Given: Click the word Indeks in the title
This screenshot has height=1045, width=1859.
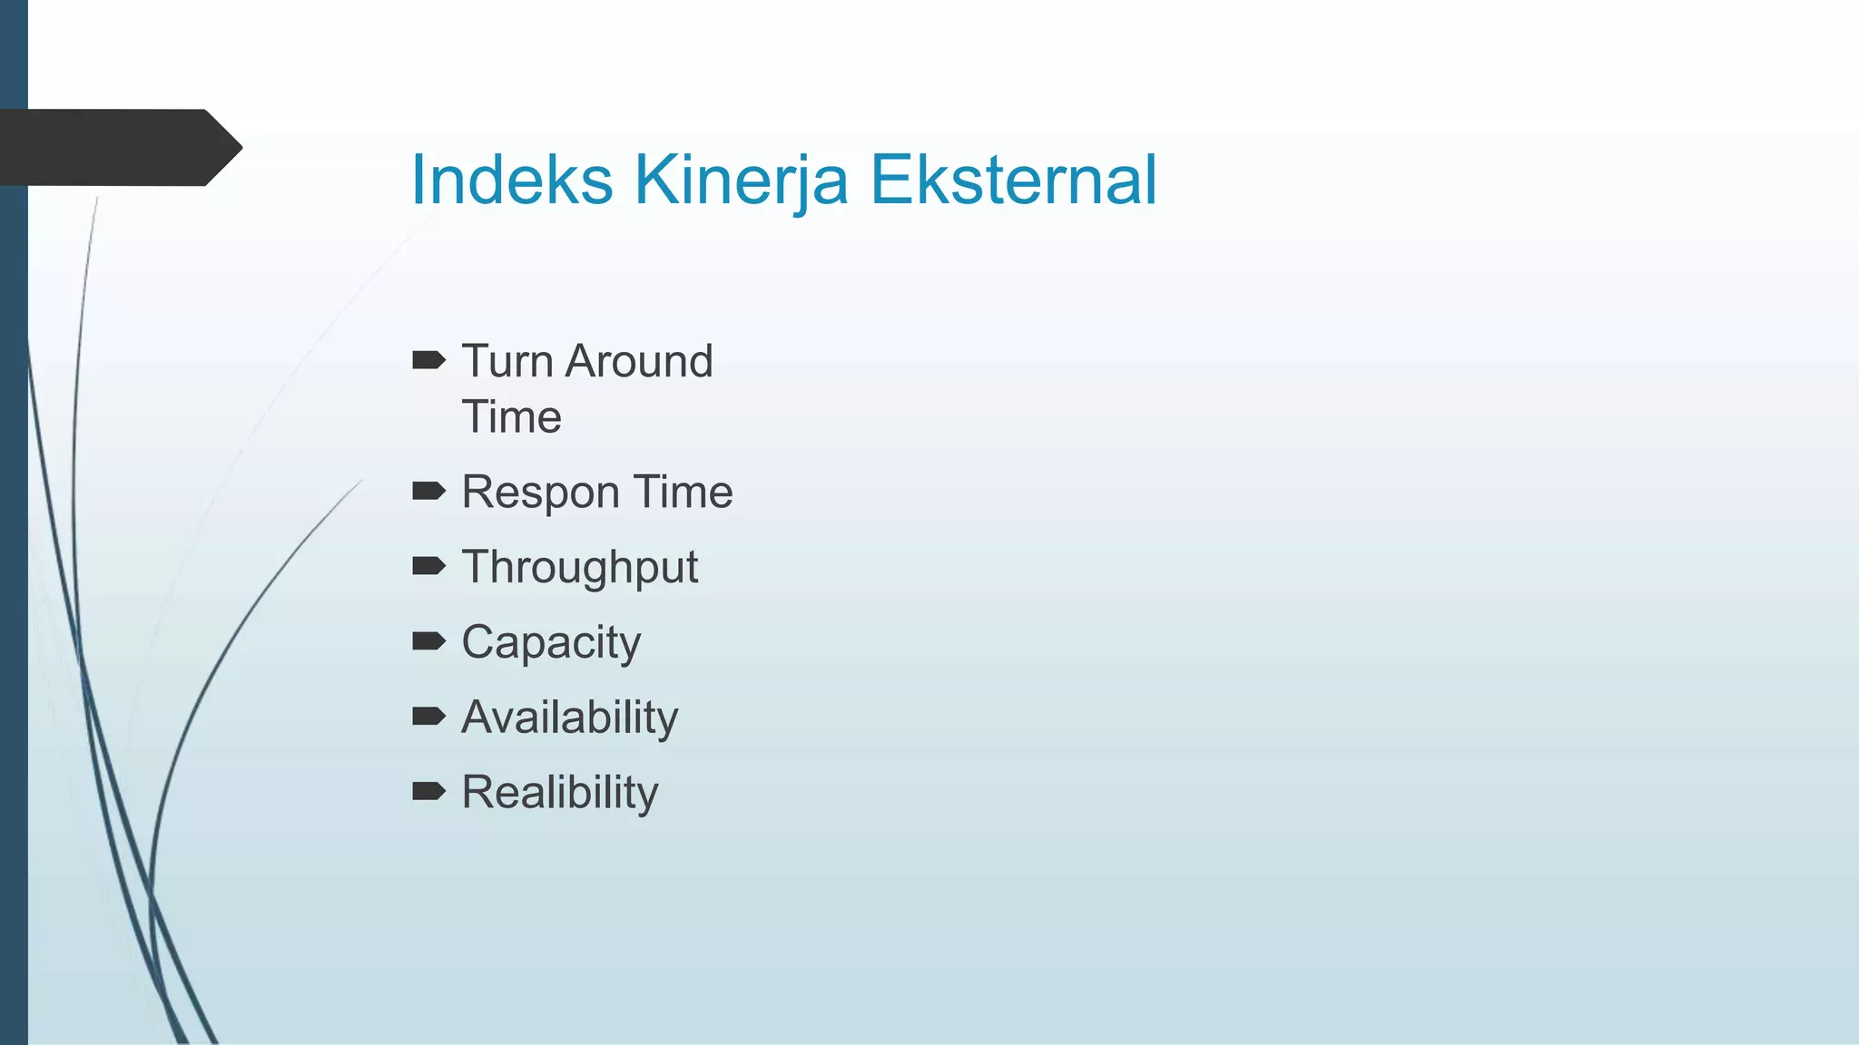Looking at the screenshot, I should click(x=511, y=180).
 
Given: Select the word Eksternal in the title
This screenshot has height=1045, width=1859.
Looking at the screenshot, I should click(x=1013, y=180).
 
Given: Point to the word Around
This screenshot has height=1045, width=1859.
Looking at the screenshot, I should click(x=639, y=361).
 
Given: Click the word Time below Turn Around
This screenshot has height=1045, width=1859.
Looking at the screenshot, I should click(x=511, y=417).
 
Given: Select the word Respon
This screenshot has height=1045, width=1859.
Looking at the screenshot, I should click(x=540, y=493).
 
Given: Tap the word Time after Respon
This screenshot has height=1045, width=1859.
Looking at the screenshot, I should click(x=683, y=492).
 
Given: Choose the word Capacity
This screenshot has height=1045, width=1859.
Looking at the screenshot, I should click(x=550, y=643).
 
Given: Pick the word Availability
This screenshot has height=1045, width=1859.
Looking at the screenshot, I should click(x=569, y=718).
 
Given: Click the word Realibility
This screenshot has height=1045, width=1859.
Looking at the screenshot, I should click(x=559, y=793).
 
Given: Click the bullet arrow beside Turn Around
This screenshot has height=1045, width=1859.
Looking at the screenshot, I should click(x=428, y=361).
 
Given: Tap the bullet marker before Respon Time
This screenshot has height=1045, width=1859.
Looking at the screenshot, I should click(x=428, y=492).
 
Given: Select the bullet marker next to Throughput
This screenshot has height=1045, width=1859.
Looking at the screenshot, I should click(x=428, y=567).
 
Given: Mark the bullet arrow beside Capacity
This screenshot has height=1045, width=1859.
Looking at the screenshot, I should click(x=428, y=642).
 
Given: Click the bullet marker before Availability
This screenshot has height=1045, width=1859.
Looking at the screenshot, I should click(x=428, y=717).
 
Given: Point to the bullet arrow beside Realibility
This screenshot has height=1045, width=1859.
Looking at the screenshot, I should click(x=428, y=792).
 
